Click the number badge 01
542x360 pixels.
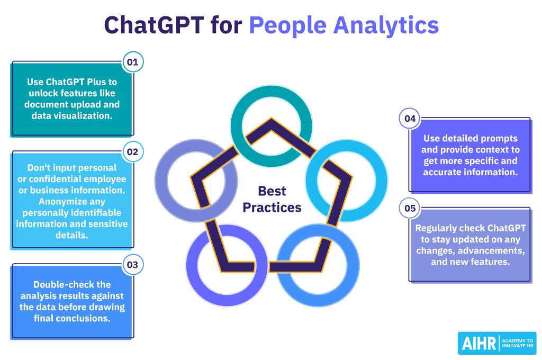tap(132, 62)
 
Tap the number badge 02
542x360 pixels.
tap(132, 151)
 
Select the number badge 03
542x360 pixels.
tap(132, 264)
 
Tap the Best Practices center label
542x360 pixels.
tap(272, 199)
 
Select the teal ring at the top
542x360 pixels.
tap(272, 94)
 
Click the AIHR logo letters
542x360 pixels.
tap(478, 343)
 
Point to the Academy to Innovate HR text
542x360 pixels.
tap(517, 343)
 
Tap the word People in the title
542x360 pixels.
tap(284, 25)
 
